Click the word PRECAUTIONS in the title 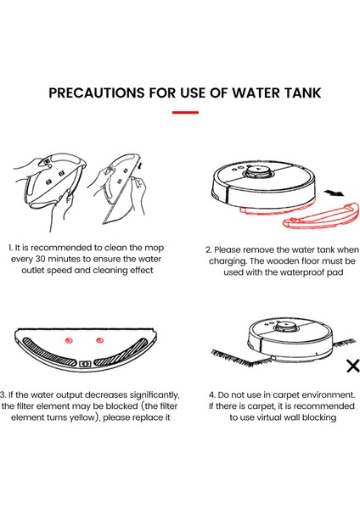click(x=97, y=92)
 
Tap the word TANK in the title click(x=303, y=92)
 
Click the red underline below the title click(x=185, y=112)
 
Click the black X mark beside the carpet click(x=353, y=366)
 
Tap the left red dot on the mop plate click(x=69, y=340)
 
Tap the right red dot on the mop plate click(x=99, y=340)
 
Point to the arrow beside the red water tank click(x=334, y=193)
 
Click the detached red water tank click(x=322, y=216)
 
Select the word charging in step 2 click(x=227, y=261)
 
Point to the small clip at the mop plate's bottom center click(x=85, y=364)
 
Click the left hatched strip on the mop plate click(x=46, y=354)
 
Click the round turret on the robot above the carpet click(x=287, y=327)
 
